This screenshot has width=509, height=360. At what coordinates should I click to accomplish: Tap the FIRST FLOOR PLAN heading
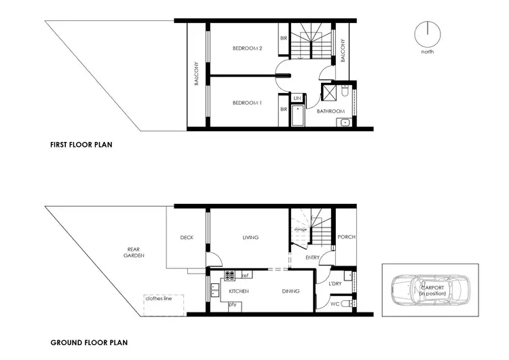tap(81, 145)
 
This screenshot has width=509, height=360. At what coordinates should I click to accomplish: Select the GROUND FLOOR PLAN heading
tap(89, 343)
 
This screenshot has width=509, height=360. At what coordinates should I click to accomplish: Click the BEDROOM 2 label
tap(247, 48)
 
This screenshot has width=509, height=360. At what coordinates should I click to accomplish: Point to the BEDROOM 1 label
tap(247, 103)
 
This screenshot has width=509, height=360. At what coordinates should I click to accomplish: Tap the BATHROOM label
tap(331, 111)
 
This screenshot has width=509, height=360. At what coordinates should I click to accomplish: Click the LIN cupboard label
tap(297, 98)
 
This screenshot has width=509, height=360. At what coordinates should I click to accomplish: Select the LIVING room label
tap(252, 237)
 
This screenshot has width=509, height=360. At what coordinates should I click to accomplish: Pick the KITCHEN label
tap(239, 291)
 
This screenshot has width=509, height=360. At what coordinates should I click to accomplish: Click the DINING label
tap(292, 291)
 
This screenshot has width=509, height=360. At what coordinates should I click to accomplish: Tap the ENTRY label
tap(312, 257)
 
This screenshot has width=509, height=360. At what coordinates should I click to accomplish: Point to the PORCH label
tap(346, 237)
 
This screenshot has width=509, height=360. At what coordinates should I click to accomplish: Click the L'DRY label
tap(334, 283)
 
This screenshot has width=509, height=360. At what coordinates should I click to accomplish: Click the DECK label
tap(187, 237)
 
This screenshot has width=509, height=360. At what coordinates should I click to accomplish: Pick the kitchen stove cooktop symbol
tap(230, 276)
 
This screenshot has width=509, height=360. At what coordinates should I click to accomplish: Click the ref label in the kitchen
tap(245, 275)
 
